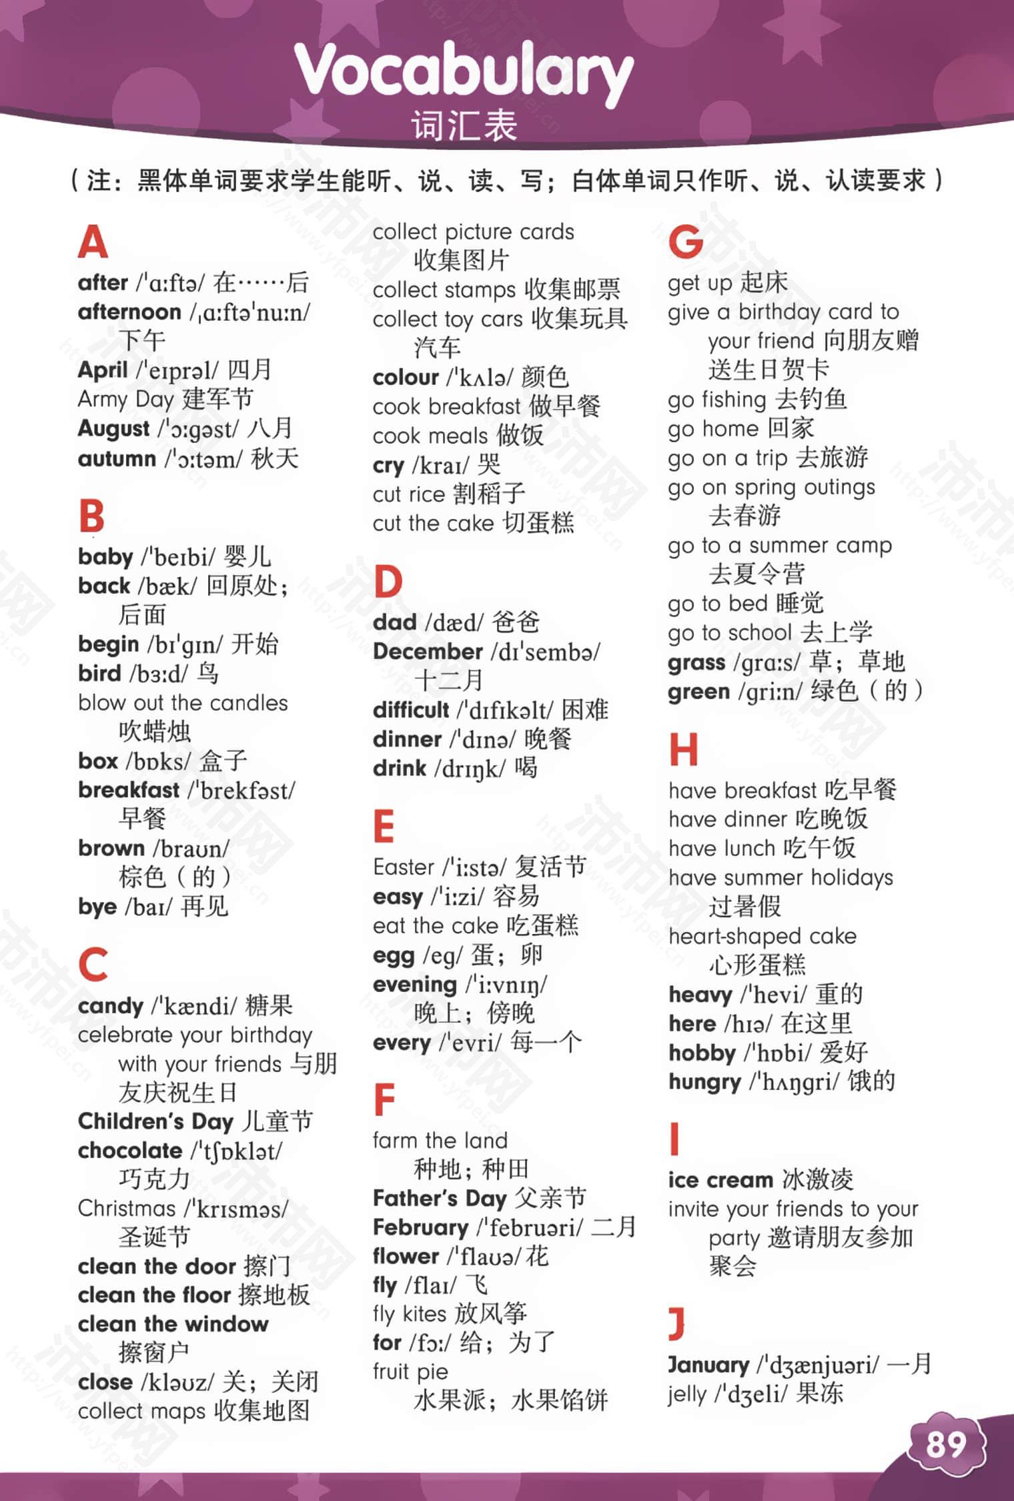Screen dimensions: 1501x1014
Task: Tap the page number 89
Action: (x=946, y=1445)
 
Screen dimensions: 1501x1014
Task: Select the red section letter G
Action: (x=686, y=241)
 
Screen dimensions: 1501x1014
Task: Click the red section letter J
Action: (x=676, y=1324)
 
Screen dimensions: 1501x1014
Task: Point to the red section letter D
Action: (x=388, y=582)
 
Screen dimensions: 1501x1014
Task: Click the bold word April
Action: (x=103, y=370)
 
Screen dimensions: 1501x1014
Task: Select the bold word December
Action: (x=428, y=651)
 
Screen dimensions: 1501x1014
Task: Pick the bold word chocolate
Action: (x=130, y=1150)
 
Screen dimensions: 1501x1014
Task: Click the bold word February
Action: (x=420, y=1227)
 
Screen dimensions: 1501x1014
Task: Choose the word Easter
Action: (x=404, y=867)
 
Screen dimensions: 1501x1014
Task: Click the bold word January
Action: (x=708, y=1365)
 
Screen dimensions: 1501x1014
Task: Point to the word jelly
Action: (x=687, y=1394)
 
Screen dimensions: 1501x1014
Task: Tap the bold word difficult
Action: (x=411, y=710)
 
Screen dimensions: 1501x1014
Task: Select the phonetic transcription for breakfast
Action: (x=241, y=791)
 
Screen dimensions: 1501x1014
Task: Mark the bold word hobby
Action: (x=702, y=1053)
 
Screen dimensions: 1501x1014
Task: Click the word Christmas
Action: (x=127, y=1208)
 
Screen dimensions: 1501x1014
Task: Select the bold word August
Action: (x=113, y=428)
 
